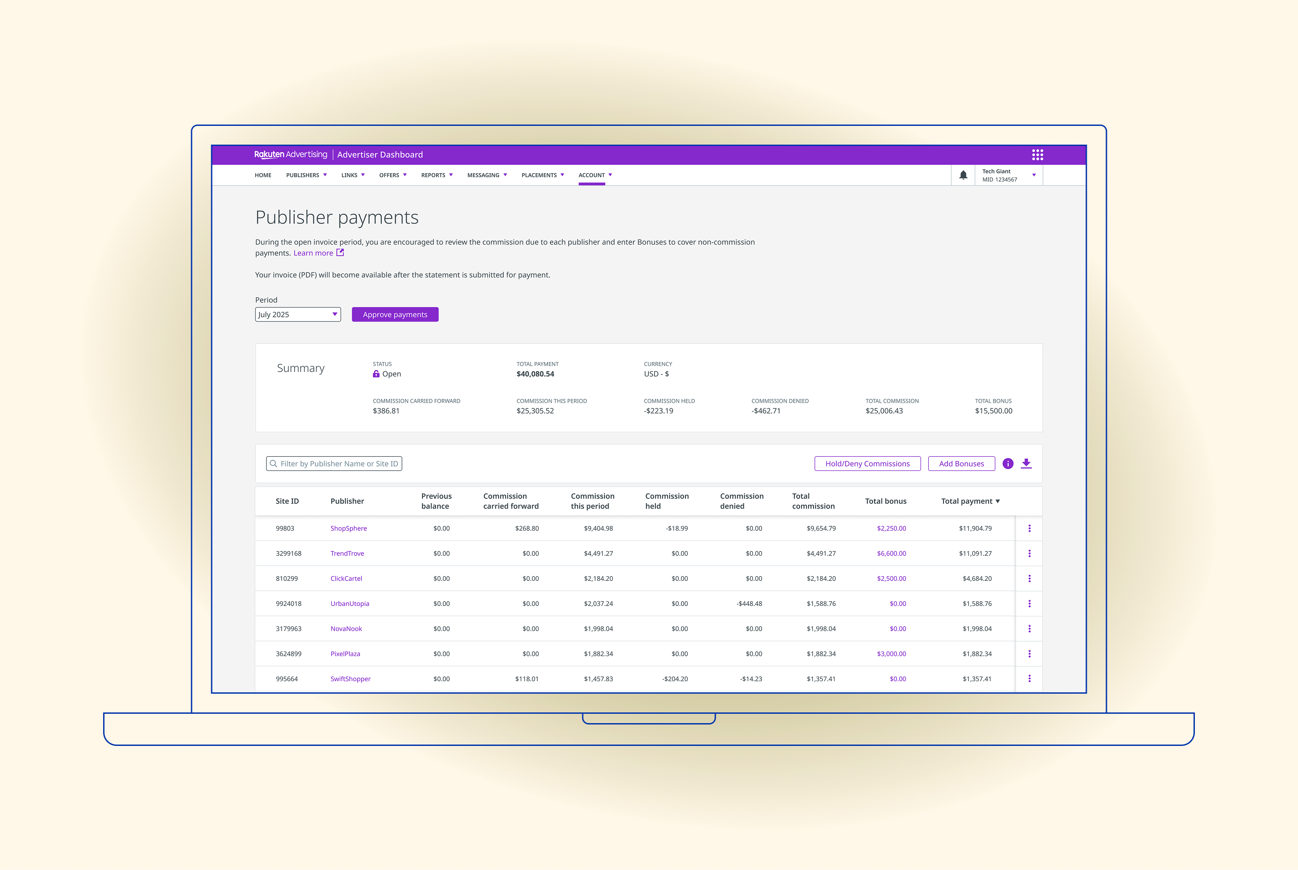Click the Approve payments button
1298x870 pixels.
(395, 315)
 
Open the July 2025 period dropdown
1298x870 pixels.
(298, 315)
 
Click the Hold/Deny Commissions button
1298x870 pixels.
(868, 464)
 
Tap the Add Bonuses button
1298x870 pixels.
(961, 464)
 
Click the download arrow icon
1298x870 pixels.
(1026, 464)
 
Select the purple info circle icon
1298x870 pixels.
(1008, 464)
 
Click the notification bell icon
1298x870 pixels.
(964, 175)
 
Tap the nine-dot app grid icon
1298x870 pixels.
(1037, 155)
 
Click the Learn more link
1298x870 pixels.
(313, 253)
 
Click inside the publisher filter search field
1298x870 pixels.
(334, 464)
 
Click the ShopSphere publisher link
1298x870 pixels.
(349, 528)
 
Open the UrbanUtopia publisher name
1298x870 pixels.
(350, 604)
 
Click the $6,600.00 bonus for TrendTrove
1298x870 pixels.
(891, 554)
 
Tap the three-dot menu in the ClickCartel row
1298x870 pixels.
(1029, 579)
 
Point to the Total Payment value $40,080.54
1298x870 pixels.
(535, 374)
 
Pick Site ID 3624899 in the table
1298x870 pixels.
(288, 654)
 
